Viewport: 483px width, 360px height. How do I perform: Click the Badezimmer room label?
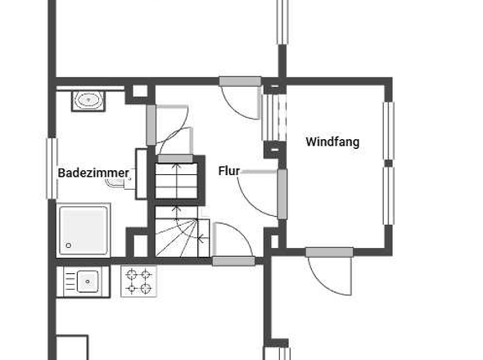click(x=93, y=173)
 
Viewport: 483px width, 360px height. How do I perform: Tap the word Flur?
click(x=229, y=171)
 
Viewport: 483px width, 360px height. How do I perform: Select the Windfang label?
click(x=332, y=142)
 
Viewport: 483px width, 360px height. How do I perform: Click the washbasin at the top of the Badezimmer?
click(x=88, y=101)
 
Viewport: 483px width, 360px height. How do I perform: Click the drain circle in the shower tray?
click(x=69, y=245)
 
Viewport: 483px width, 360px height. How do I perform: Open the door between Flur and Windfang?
click(x=260, y=192)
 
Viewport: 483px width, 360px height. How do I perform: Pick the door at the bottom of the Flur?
click(x=232, y=244)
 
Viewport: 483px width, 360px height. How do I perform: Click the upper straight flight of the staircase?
click(x=177, y=181)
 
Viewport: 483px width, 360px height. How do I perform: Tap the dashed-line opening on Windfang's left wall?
click(x=273, y=115)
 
